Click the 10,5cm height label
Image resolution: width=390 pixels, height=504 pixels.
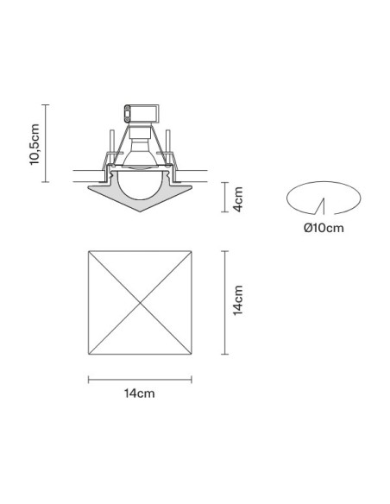35,144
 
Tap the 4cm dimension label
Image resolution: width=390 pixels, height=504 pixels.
238,199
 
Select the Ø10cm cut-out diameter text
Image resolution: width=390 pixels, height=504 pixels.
324,228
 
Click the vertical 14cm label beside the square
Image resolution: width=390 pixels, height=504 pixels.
238,300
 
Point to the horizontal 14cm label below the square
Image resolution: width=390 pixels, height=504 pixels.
140,394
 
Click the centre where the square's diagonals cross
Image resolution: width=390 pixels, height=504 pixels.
140,303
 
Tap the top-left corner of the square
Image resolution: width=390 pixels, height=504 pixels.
88,251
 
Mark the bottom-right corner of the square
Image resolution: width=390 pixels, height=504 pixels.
192,355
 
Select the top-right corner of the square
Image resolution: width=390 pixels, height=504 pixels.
192,251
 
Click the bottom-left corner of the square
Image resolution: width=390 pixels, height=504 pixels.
88,355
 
